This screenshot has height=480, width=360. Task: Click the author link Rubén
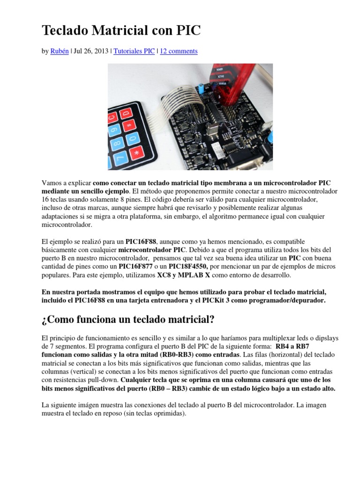(x=59, y=51)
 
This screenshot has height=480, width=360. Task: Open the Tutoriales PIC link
(x=134, y=51)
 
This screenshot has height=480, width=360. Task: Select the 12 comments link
(x=179, y=51)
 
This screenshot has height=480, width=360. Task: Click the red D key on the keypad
(x=126, y=114)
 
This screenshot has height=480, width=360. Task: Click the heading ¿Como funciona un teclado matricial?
(x=128, y=320)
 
